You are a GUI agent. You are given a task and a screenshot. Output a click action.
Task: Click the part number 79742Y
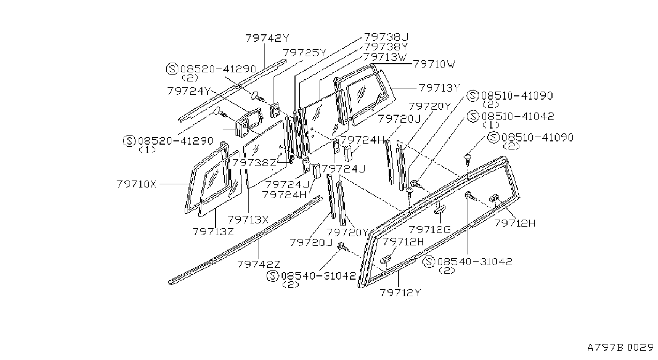click(267, 38)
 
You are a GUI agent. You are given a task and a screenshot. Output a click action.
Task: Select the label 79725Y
click(305, 53)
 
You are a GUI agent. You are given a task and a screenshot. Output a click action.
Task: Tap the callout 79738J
click(387, 37)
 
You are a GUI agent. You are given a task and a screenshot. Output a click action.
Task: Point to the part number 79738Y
click(386, 47)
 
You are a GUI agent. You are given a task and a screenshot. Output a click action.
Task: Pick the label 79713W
click(385, 57)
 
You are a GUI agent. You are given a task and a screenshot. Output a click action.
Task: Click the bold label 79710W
click(434, 64)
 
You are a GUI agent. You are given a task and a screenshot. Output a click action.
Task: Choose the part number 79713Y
click(440, 88)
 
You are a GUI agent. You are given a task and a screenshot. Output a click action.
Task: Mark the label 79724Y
click(189, 91)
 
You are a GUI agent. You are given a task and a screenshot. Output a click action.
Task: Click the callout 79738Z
click(254, 162)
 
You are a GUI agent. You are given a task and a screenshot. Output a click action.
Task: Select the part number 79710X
click(137, 184)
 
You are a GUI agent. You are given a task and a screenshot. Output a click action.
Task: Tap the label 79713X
click(248, 220)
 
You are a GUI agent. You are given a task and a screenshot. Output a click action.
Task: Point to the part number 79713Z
click(213, 232)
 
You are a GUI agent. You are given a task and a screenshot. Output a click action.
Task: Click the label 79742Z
click(259, 265)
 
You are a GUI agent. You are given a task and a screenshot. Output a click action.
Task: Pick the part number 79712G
click(430, 229)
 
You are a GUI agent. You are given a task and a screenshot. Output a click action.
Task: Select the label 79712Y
click(400, 292)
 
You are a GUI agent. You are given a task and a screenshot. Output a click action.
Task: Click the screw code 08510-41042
click(518, 116)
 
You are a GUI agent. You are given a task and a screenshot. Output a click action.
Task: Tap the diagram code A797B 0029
click(621, 347)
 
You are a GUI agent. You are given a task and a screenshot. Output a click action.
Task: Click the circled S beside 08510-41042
click(473, 116)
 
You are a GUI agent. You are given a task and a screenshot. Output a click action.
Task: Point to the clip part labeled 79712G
click(440, 209)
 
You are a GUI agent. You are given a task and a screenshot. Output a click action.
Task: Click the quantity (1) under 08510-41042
click(490, 125)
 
